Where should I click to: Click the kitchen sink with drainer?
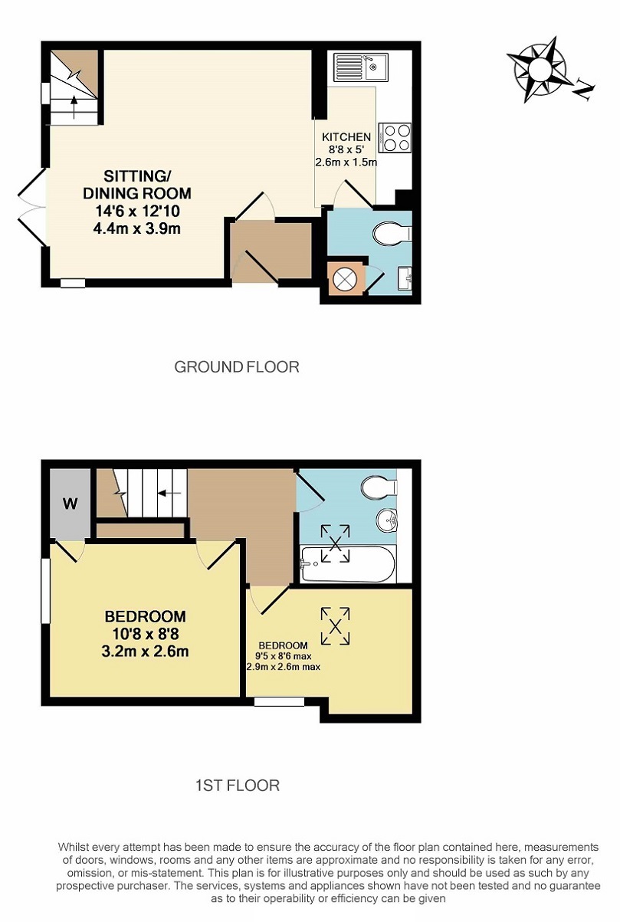[361, 67]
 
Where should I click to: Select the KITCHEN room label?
[346, 137]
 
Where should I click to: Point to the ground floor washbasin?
[405, 278]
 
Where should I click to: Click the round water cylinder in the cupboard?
[345, 279]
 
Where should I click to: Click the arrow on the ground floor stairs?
[74, 107]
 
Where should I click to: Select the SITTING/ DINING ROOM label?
[136, 185]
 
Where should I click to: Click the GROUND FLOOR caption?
[237, 367]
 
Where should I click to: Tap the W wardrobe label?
[71, 503]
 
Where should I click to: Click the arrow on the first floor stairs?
[169, 493]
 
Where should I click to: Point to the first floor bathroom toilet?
[379, 487]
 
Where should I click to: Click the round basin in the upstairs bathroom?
[387, 520]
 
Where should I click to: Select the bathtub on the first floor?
[348, 564]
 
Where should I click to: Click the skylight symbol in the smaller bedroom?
[336, 626]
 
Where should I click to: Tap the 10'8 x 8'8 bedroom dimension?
[145, 634]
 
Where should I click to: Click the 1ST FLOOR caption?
[238, 786]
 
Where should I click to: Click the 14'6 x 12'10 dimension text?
[137, 212]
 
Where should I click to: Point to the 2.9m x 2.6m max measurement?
[284, 668]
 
